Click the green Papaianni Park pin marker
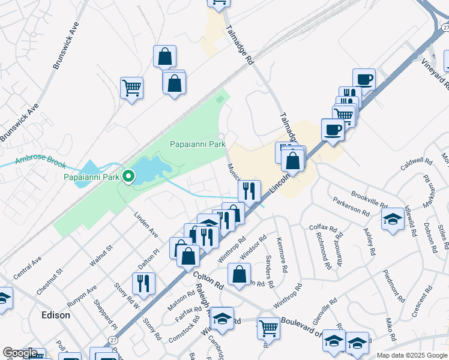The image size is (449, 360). pos(128,176)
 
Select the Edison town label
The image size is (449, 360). pos(55,315)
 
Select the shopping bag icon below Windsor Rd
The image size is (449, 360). pos(240,274)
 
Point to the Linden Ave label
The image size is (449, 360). pos(146,224)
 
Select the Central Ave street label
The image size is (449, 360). pos(27,269)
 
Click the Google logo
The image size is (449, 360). pos(19,353)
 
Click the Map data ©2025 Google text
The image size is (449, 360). pos(411,355)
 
